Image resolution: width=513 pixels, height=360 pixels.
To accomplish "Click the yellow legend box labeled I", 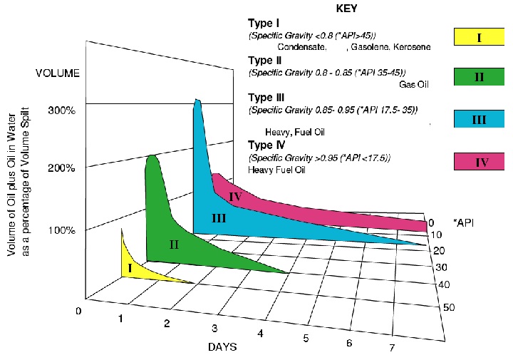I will pyautogui.click(x=479, y=37).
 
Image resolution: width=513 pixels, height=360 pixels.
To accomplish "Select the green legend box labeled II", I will pyautogui.click(x=479, y=77).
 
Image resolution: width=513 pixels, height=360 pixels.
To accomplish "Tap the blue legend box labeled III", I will pyautogui.click(x=479, y=119).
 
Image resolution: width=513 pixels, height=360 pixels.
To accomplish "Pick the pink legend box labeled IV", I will pyautogui.click(x=479, y=162).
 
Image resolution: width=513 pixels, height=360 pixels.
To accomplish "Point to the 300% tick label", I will pyautogui.click(x=62, y=111).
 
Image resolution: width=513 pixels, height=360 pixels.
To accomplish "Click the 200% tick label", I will pyautogui.click(x=62, y=168).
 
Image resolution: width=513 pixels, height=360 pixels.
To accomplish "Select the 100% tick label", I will pyautogui.click(x=62, y=230).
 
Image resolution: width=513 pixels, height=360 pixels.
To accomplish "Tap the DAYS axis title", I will pyautogui.click(x=222, y=346).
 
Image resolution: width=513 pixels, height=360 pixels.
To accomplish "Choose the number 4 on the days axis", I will pyautogui.click(x=261, y=334).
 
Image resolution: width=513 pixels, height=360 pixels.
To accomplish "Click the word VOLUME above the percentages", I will pyautogui.click(x=58, y=73).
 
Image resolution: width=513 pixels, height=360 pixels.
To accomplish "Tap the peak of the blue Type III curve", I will pyautogui.click(x=197, y=103).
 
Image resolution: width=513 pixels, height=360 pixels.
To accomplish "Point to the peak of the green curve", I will pyautogui.click(x=152, y=156).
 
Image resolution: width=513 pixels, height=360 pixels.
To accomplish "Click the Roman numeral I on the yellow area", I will pyautogui.click(x=130, y=267).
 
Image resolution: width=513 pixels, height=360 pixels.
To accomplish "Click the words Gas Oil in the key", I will pyautogui.click(x=413, y=84).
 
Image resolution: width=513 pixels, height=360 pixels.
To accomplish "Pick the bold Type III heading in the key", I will pyautogui.click(x=266, y=98).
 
